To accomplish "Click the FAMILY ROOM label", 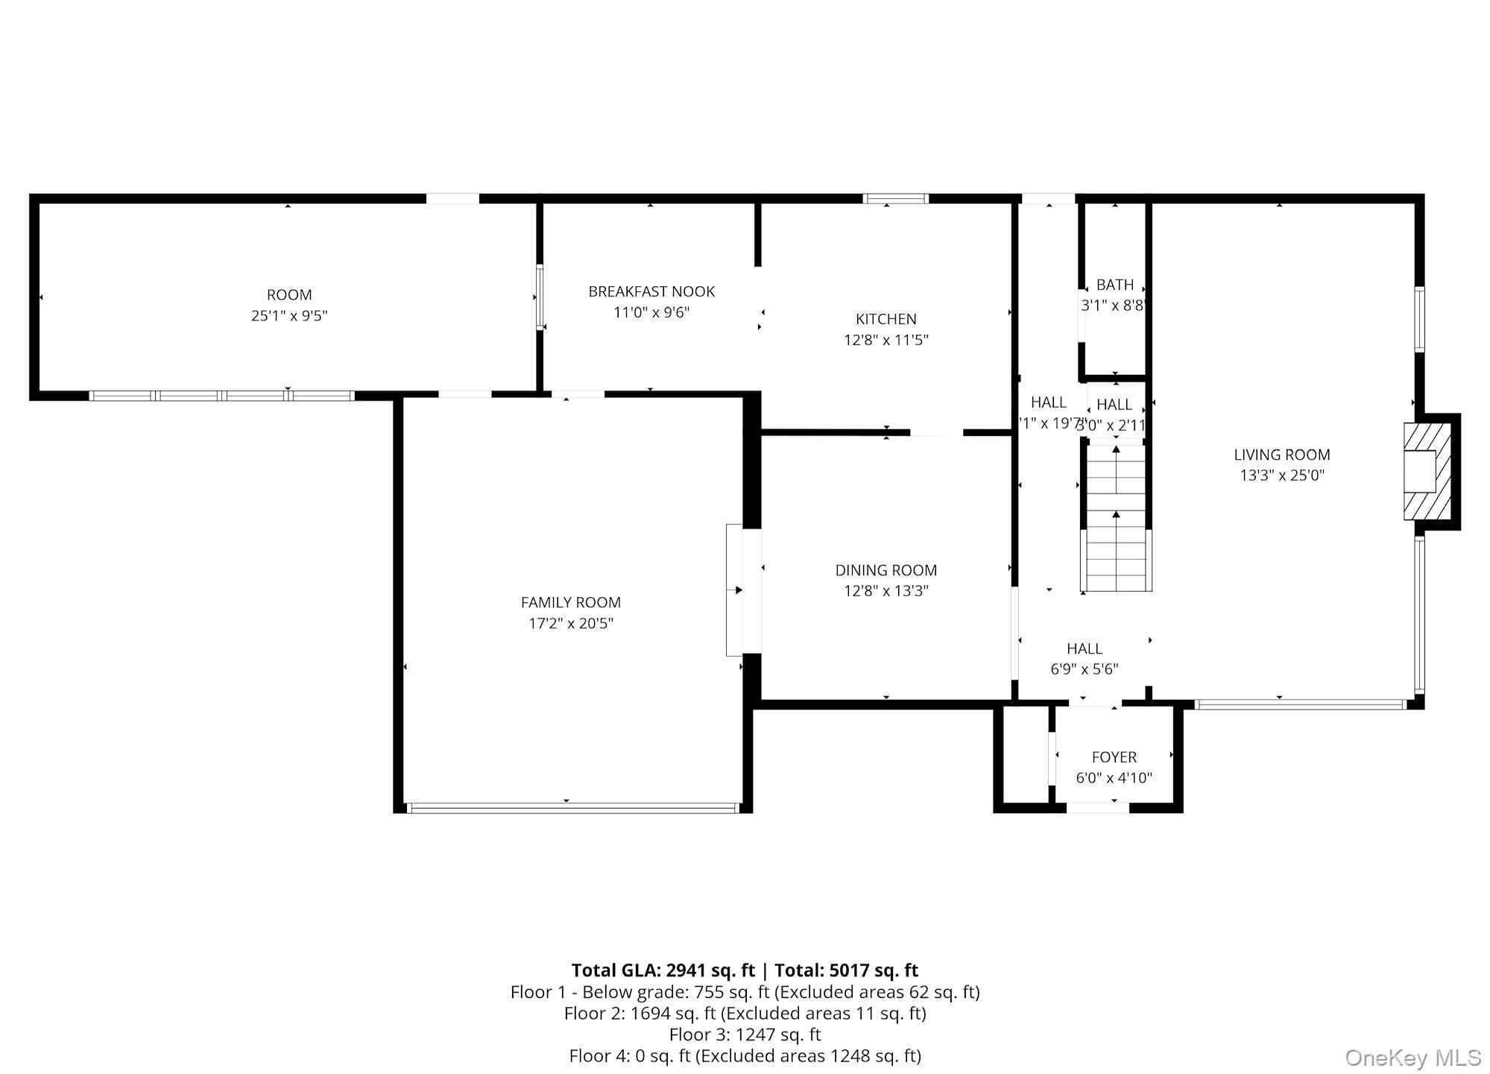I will [570, 602].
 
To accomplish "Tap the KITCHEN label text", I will [886, 319].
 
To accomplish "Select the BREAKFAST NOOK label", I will [651, 291].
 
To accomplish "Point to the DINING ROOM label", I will [886, 570].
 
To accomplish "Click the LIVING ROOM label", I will [1281, 455].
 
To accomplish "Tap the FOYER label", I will [1114, 757].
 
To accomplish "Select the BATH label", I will [1114, 285].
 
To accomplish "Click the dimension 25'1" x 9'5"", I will [289, 316].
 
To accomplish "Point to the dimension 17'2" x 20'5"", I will [570, 624].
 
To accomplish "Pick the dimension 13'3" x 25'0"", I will [1281, 476].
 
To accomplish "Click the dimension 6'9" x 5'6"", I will [1084, 669].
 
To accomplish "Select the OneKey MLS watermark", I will [1412, 1058].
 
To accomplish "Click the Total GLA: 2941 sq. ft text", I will [663, 970].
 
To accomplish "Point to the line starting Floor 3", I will [745, 1034].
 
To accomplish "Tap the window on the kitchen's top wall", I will [895, 199].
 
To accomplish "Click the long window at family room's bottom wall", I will [572, 807].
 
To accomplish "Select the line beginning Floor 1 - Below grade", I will [745, 992].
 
